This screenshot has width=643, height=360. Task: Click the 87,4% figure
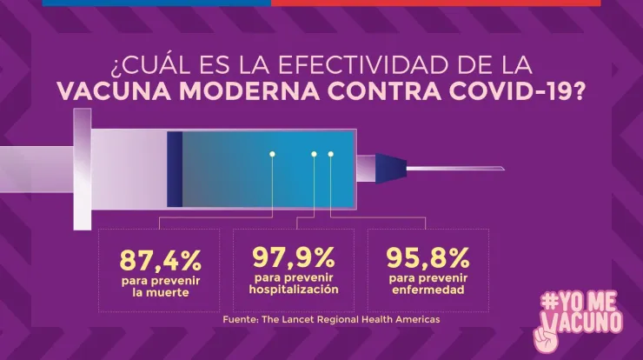click(161, 259)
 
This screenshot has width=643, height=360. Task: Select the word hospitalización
click(294, 289)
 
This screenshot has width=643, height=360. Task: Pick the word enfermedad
click(428, 289)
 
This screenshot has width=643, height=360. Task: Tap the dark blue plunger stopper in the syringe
click(175, 169)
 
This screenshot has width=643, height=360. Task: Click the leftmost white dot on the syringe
click(272, 155)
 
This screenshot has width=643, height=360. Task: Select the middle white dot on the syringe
click(315, 155)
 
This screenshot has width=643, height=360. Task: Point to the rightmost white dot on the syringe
click(331, 155)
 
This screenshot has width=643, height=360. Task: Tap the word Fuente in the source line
click(239, 320)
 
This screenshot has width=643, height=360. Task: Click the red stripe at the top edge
click(434, 3)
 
